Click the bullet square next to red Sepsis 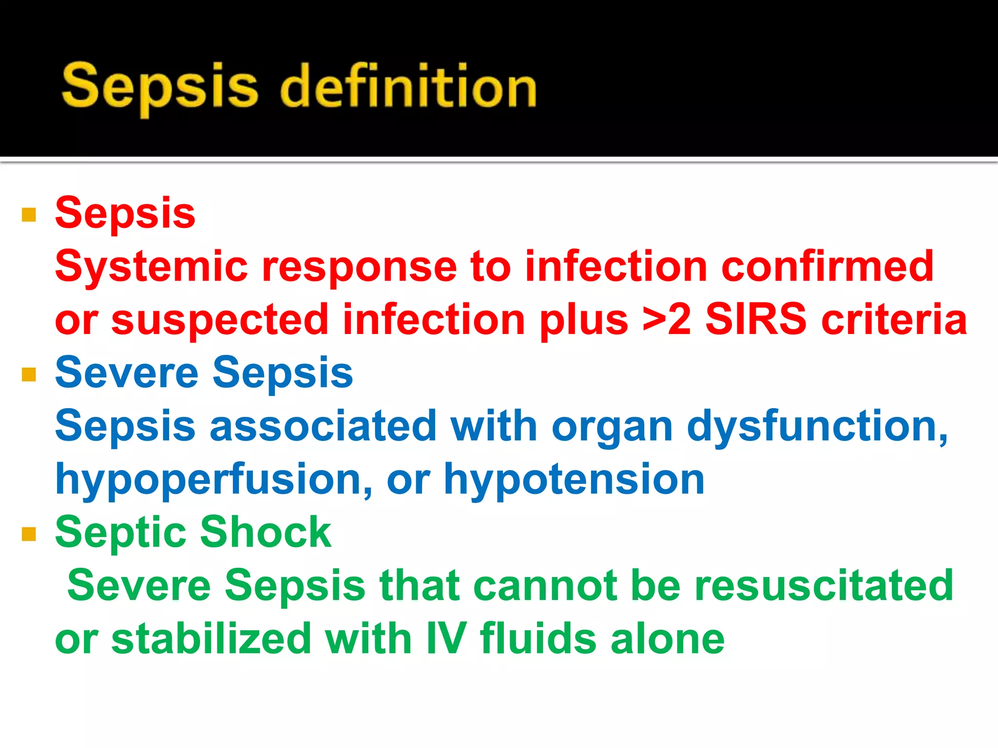(29, 215)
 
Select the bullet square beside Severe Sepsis (29, 374)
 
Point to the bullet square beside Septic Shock (29, 534)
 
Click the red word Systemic (152, 267)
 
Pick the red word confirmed (827, 267)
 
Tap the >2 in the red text (667, 320)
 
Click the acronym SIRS (756, 320)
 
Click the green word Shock (266, 533)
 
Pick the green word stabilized (211, 639)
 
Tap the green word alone (668, 639)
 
